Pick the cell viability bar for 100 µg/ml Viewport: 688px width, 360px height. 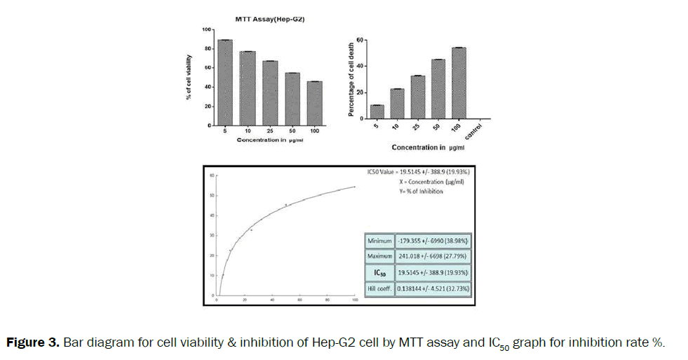[x=315, y=104]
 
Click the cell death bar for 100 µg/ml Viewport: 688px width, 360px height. [x=459, y=83]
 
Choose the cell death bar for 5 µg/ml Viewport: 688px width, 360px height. [x=377, y=112]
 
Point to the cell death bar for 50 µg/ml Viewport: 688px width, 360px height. [x=438, y=88]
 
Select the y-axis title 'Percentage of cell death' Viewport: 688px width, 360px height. [x=351, y=79]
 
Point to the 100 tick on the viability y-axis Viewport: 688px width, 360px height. [x=206, y=29]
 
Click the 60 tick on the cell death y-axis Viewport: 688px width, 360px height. [x=360, y=40]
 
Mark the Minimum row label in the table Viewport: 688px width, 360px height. [x=379, y=241]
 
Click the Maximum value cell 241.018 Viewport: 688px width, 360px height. [x=433, y=256]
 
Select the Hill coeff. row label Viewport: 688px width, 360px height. [x=379, y=288]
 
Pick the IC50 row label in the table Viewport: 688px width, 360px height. [x=379, y=272]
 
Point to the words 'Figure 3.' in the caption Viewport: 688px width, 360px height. [x=32, y=342]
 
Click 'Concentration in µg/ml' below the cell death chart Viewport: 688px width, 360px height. [x=428, y=148]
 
